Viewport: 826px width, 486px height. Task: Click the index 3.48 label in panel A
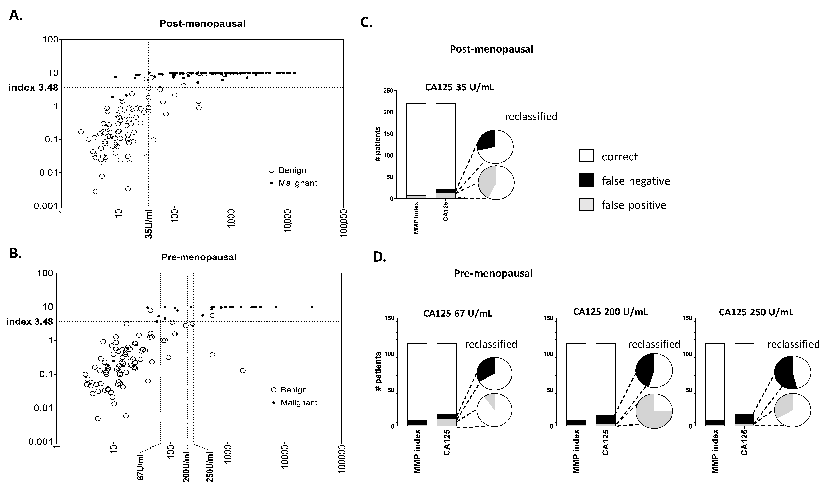33,88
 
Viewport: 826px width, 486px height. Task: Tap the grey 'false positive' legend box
586,205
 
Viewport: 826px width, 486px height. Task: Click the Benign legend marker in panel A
271,170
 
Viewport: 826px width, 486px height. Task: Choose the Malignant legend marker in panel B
273,403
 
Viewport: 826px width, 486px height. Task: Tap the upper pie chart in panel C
495,147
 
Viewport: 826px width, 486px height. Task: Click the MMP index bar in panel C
416,151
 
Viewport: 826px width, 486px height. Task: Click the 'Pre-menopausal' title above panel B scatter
199,257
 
